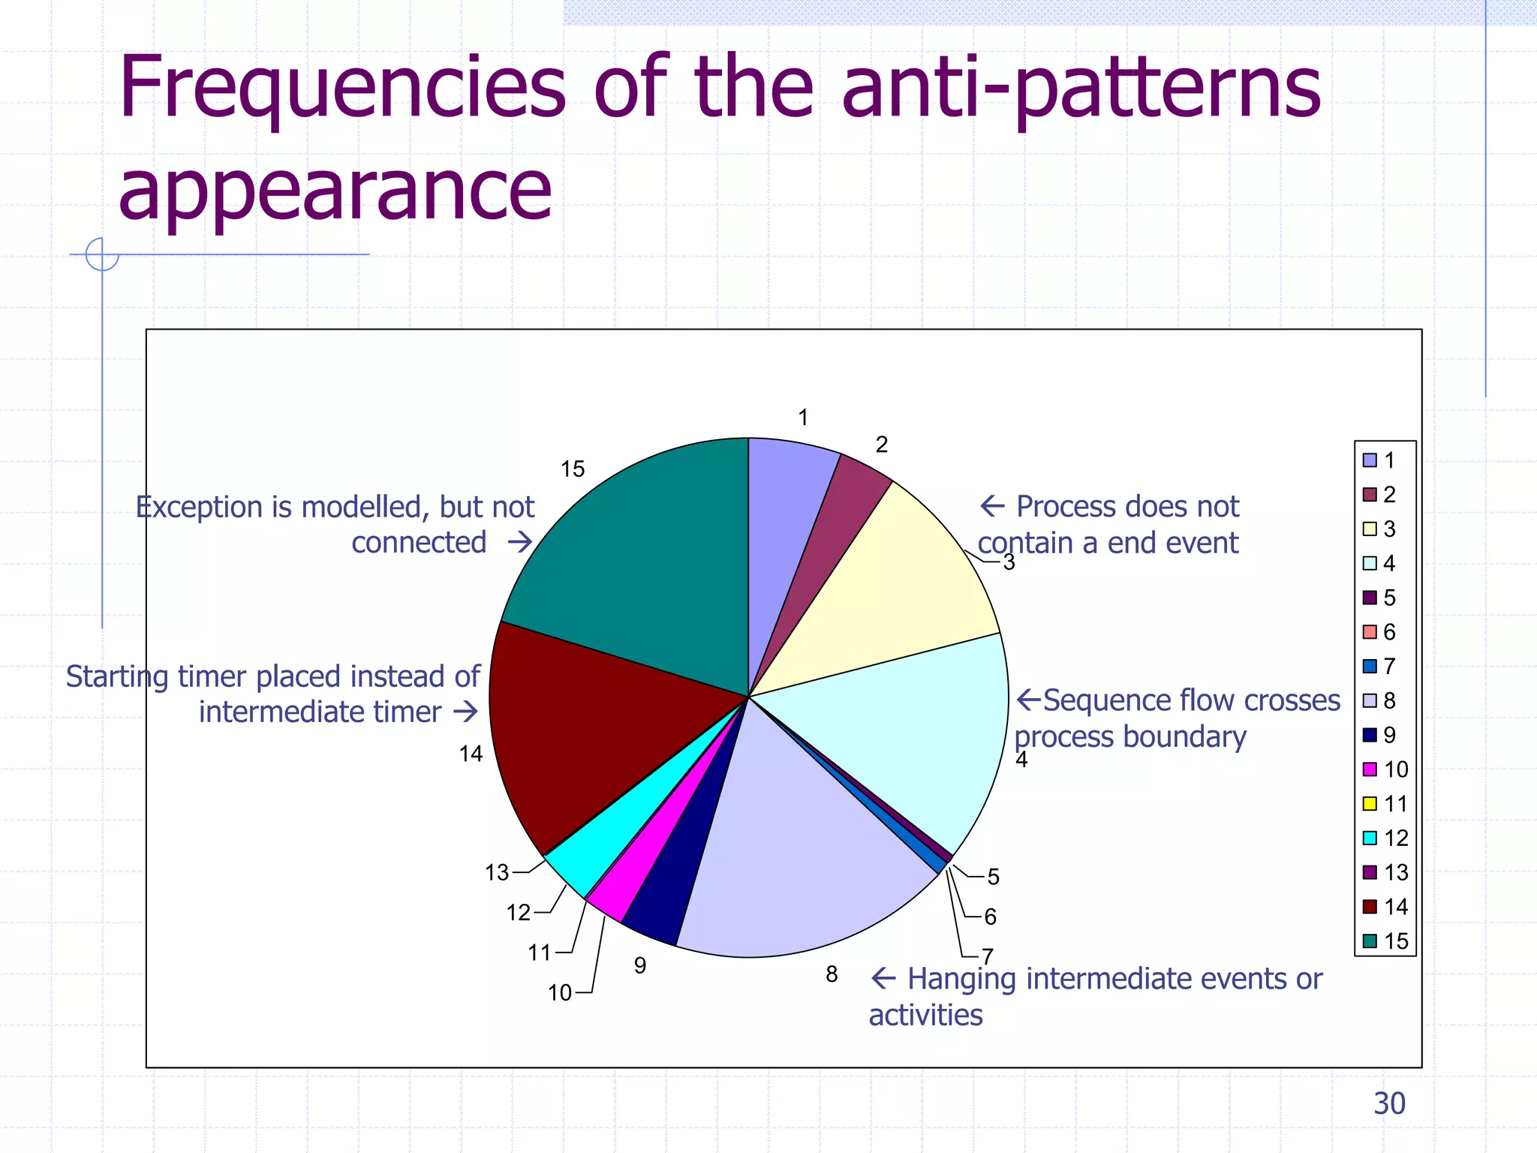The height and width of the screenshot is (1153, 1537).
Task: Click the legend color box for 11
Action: (1370, 804)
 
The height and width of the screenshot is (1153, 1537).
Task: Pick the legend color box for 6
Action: (1370, 632)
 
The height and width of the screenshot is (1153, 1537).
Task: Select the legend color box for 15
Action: (1370, 941)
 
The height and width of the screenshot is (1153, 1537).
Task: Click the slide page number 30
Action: (1389, 1103)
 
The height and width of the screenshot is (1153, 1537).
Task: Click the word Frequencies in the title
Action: (342, 89)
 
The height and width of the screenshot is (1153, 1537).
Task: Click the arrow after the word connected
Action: (519, 542)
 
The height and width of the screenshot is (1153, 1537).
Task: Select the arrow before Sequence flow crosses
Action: (1029, 700)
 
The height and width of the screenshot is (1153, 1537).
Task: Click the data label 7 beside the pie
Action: (988, 956)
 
